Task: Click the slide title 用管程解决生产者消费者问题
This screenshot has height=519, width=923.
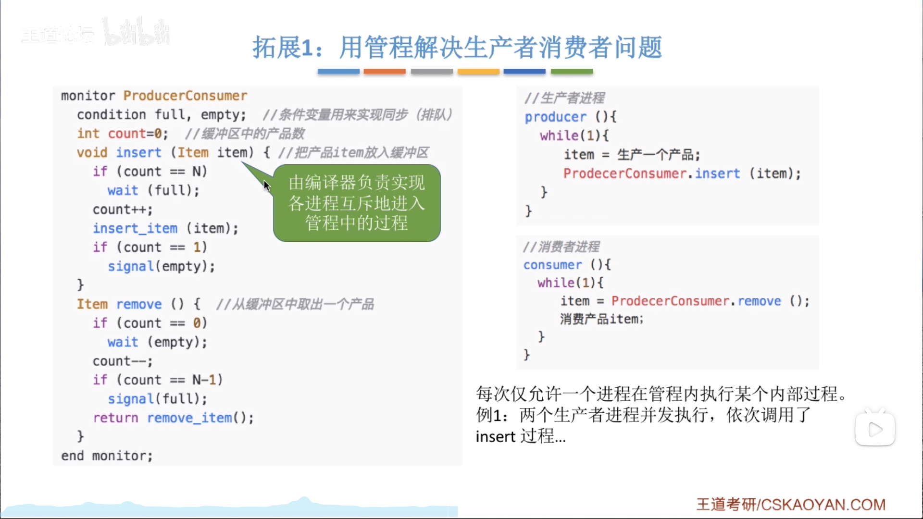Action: tap(501, 47)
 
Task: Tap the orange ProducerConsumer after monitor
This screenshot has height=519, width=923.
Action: tap(185, 96)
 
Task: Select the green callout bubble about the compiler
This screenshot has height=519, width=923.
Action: tap(357, 203)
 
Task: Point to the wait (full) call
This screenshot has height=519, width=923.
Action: tap(153, 190)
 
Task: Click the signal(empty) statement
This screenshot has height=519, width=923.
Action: tap(162, 266)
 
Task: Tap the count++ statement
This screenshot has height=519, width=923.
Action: tap(123, 210)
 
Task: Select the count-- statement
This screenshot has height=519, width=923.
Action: tap(123, 361)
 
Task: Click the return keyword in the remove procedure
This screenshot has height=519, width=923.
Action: tap(115, 418)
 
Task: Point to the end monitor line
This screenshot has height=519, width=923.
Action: tap(107, 456)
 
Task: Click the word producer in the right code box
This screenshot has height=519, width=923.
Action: tap(556, 117)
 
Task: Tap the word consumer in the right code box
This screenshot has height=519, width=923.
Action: tap(552, 265)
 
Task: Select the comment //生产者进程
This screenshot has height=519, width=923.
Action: tap(564, 98)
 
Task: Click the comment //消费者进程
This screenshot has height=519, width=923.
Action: tap(561, 247)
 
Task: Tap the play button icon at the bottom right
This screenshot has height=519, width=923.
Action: tap(875, 429)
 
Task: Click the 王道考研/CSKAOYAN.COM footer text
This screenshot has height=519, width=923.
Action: tap(791, 505)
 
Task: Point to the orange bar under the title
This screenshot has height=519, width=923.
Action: tap(385, 72)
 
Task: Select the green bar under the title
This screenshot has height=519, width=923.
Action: tap(572, 72)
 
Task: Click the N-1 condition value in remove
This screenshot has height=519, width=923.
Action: tap(207, 380)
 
